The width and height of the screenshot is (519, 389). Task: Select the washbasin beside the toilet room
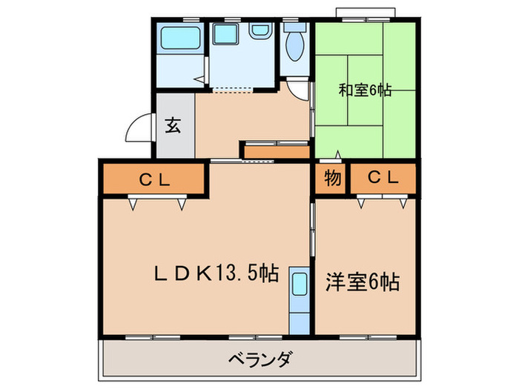(259, 32)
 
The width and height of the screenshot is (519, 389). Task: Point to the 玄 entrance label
(172, 124)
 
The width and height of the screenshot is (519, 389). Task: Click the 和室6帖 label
(365, 90)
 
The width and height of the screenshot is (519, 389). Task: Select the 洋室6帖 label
(363, 282)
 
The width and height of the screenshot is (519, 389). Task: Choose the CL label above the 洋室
(383, 178)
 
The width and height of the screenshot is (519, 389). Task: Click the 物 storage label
(333, 178)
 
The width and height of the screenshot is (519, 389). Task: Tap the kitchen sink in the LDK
(300, 285)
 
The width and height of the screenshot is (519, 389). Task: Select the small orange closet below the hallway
(275, 152)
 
